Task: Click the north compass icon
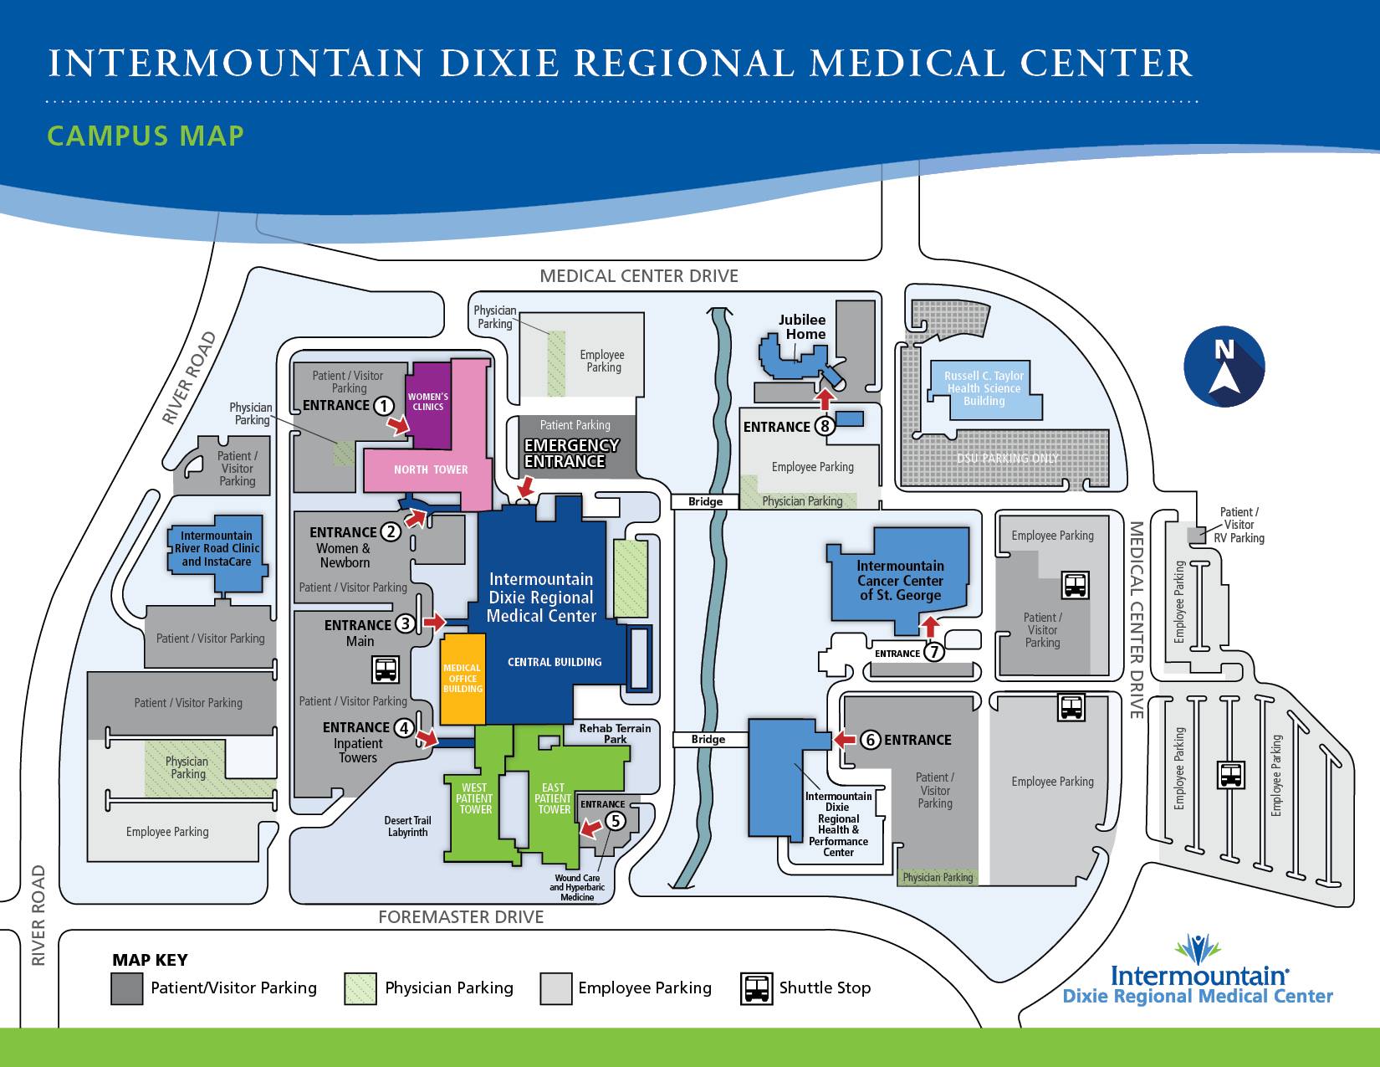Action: [x=1224, y=366]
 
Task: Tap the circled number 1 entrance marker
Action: [x=383, y=405]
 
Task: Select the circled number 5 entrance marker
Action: [x=615, y=821]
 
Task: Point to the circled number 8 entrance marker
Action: [x=825, y=426]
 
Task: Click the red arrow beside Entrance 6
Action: [x=845, y=739]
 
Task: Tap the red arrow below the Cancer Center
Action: [x=930, y=626]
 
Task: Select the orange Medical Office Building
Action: [x=463, y=679]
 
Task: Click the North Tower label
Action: [x=431, y=469]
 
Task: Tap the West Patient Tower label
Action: [x=474, y=798]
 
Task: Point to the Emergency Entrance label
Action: [x=571, y=453]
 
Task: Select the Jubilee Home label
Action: [x=803, y=326]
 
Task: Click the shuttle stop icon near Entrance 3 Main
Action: [x=386, y=669]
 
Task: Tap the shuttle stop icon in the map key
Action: [x=756, y=988]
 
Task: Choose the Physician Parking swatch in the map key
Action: [x=360, y=989]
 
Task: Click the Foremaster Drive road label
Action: [x=461, y=917]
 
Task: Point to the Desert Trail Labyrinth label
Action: [x=407, y=826]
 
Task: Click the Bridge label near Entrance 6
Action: [x=708, y=739]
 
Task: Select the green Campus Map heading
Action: [x=146, y=136]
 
